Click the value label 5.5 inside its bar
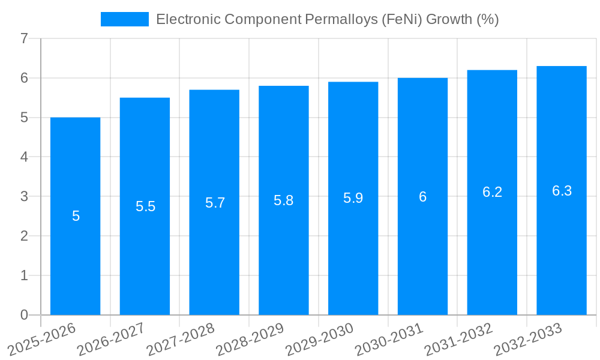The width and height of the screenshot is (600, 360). (145, 207)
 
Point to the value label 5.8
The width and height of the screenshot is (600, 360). (284, 201)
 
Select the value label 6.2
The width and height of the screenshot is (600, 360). (492, 192)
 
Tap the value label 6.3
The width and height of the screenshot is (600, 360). (562, 191)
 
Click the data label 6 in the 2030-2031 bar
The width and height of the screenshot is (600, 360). (422, 197)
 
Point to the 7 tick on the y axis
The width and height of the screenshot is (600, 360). (24, 39)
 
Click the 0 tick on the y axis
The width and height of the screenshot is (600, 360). (24, 315)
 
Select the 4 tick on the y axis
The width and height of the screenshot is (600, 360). (24, 157)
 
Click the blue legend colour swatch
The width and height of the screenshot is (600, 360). (124, 19)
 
